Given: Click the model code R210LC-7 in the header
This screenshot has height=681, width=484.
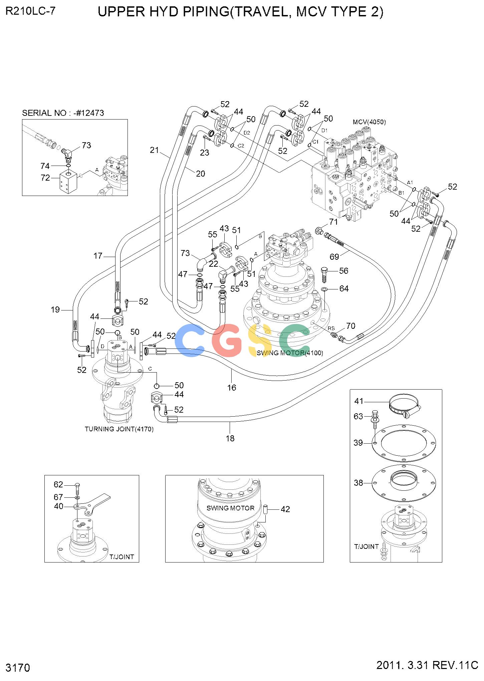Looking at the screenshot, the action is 30,11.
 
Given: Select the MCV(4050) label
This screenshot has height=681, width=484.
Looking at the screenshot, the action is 369,122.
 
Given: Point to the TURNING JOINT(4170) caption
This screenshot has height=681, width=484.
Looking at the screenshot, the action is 119,429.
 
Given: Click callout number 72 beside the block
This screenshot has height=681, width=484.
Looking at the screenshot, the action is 45,178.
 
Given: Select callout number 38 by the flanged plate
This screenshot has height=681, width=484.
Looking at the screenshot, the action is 358,483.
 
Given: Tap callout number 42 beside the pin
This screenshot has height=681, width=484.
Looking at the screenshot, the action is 285,509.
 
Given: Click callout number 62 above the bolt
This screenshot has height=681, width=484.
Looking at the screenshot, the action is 58,484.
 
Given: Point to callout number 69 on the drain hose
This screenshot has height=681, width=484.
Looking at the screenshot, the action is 334,256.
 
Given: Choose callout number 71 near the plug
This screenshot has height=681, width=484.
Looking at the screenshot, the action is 333,222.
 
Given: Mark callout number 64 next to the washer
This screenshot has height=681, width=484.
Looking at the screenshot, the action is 344,288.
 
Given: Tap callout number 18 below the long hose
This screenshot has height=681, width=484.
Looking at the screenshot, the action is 230,438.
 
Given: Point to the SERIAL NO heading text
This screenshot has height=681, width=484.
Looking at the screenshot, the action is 63,113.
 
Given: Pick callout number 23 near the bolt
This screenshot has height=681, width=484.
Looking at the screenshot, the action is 205,153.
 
